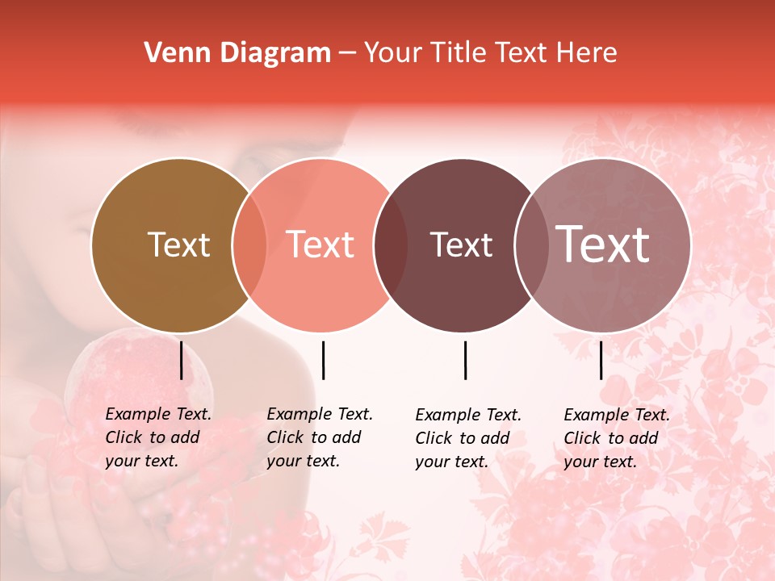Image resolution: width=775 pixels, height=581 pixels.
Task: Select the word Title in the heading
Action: click(x=459, y=53)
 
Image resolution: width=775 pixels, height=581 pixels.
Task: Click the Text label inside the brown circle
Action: click(x=178, y=245)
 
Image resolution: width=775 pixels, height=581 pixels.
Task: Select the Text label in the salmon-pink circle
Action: click(x=320, y=245)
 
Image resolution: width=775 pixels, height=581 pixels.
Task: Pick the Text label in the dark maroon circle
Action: click(x=461, y=245)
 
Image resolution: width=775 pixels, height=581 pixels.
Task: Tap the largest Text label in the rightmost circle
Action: click(x=602, y=245)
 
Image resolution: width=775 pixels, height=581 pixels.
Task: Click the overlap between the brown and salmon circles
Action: click(x=249, y=245)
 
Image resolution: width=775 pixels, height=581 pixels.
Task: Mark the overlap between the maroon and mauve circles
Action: click(x=530, y=245)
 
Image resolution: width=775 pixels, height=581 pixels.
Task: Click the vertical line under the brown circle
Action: click(x=181, y=360)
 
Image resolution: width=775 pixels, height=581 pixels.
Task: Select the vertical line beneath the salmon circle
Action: click(x=323, y=360)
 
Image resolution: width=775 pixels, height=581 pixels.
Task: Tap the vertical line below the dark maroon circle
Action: click(x=465, y=360)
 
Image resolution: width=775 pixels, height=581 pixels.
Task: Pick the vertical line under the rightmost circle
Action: click(x=601, y=360)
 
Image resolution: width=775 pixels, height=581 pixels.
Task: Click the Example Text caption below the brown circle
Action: click(x=157, y=437)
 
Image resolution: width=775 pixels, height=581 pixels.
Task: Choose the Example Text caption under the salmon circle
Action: click(x=319, y=437)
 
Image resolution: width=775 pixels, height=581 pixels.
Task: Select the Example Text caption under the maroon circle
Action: click(x=467, y=438)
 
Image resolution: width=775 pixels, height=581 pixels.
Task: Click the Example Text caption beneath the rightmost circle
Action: click(x=616, y=438)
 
